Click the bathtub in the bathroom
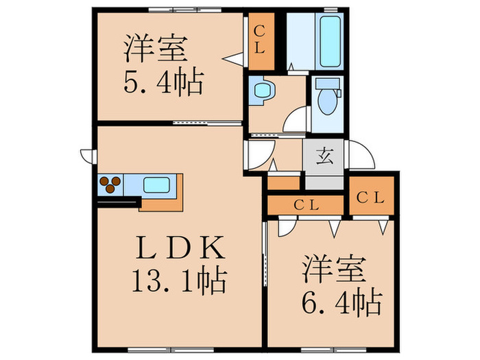pyautogui.click(x=330, y=41)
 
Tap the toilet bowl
pyautogui.click(x=328, y=101)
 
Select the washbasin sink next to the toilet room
pyautogui.click(x=263, y=91)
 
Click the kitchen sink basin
pyautogui.click(x=156, y=185)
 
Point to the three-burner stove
pyautogui.click(x=110, y=184)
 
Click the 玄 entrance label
pyautogui.click(x=325, y=158)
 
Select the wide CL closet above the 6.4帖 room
pyautogui.click(x=305, y=205)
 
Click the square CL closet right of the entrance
pyautogui.click(x=371, y=196)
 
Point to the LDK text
pyautogui.click(x=180, y=248)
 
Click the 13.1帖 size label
pyautogui.click(x=180, y=280)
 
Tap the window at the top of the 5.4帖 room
pyautogui.click(x=185, y=10)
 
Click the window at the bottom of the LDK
pyautogui.click(x=171, y=349)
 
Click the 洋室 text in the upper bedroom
pyautogui.click(x=156, y=49)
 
